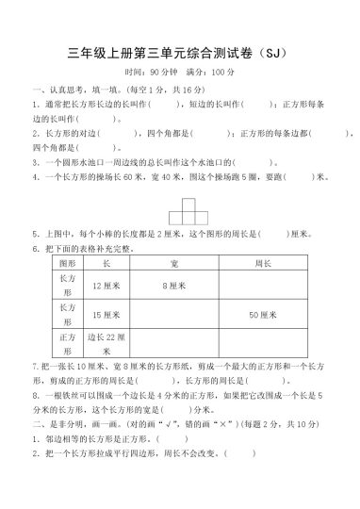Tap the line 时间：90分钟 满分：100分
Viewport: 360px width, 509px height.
179,72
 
